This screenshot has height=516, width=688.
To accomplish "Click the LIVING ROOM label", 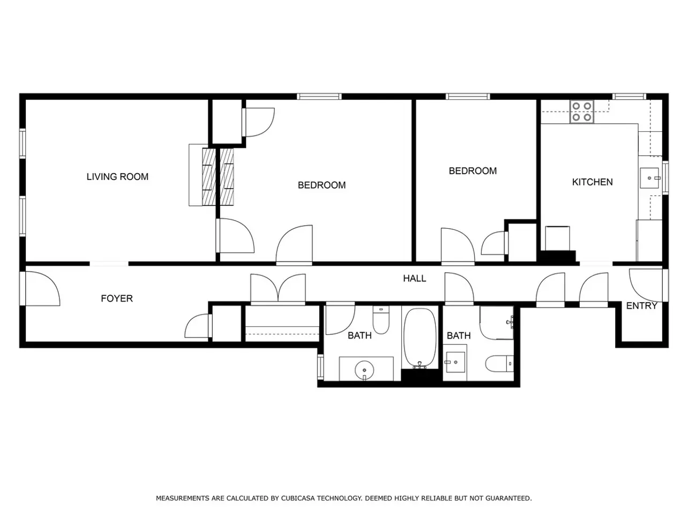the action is click(x=117, y=177).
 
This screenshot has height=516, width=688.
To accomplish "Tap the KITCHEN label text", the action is click(x=592, y=182).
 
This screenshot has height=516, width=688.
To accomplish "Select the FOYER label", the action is click(x=117, y=298).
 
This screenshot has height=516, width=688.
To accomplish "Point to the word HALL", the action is click(x=414, y=278).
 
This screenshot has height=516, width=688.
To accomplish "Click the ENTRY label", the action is click(x=641, y=306).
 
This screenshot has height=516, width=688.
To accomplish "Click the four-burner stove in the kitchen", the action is click(x=582, y=111).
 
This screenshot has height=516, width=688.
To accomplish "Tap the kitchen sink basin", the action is click(x=649, y=178).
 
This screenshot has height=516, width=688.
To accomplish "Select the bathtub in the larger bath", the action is click(x=420, y=338).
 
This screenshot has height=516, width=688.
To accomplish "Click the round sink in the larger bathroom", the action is click(x=364, y=370).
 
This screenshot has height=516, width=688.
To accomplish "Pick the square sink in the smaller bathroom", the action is click(x=455, y=362).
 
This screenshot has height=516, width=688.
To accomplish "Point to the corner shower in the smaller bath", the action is click(x=497, y=323).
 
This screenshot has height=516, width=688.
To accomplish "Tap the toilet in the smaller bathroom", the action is click(x=499, y=363).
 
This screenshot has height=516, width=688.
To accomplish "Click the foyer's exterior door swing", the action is click(x=42, y=289).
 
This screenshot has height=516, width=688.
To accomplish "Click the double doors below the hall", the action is click(x=278, y=288).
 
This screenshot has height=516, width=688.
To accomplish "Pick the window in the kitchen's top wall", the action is click(x=629, y=96).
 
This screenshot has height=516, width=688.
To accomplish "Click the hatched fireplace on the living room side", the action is click(x=209, y=177).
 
